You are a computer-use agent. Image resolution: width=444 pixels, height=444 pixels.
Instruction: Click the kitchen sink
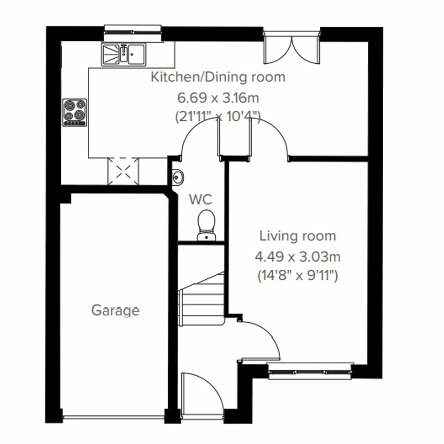tap(124, 55)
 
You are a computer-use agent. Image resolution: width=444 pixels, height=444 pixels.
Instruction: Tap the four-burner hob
tap(75, 112)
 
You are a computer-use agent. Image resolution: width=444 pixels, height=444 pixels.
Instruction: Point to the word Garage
tap(115, 310)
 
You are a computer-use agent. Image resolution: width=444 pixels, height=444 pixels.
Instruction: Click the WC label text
tap(201, 199)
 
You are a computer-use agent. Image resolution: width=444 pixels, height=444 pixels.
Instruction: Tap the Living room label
tap(297, 236)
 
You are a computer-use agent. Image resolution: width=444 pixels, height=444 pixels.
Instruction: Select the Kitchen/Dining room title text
tap(218, 77)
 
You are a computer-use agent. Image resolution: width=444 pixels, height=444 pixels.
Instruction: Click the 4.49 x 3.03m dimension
tap(297, 256)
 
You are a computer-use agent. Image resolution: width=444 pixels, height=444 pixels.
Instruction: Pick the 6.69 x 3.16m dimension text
tap(218, 98)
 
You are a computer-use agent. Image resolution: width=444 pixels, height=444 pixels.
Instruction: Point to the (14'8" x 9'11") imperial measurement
tap(297, 276)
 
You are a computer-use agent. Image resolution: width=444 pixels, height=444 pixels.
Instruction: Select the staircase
tap(202, 300)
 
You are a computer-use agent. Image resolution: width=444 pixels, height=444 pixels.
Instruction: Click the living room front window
tap(309, 371)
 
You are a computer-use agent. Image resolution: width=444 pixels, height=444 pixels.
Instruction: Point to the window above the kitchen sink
tap(133, 33)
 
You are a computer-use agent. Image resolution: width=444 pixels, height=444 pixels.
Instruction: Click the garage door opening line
tap(113, 417)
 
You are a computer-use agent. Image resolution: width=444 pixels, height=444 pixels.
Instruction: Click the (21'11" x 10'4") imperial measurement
tap(218, 118)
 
